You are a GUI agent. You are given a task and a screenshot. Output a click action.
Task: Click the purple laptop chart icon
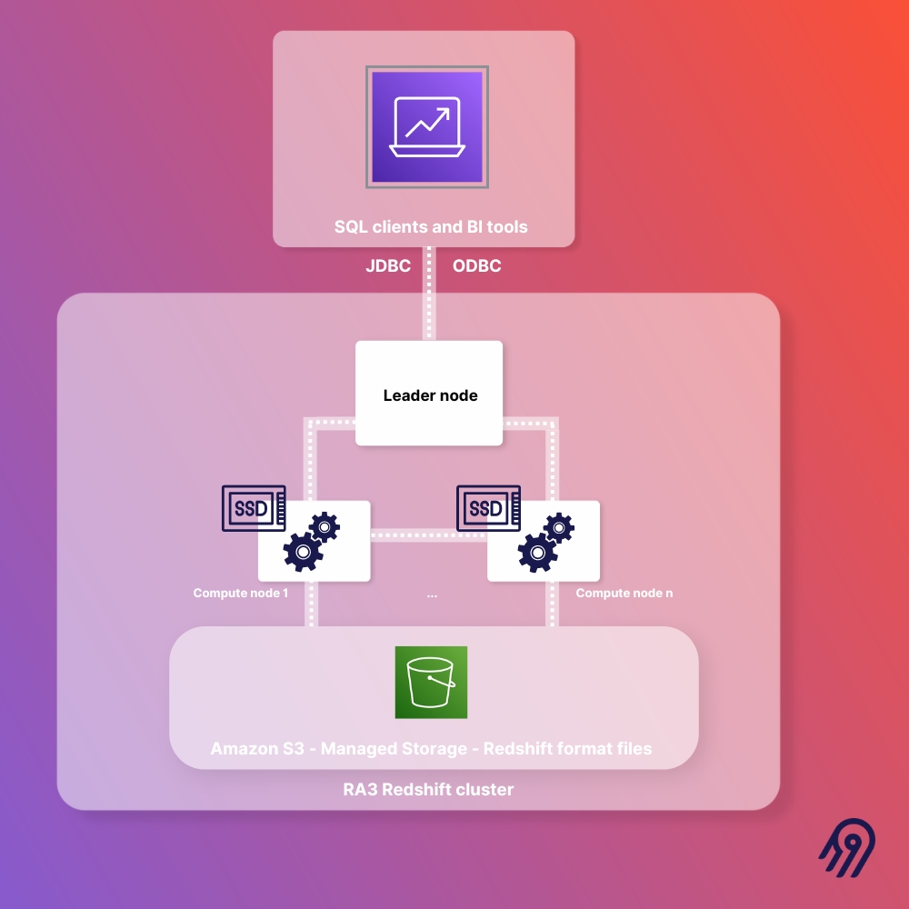pyautogui.click(x=427, y=127)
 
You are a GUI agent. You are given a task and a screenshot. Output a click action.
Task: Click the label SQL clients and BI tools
pyautogui.click(x=431, y=226)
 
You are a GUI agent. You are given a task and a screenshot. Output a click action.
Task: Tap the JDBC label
pyautogui.click(x=388, y=266)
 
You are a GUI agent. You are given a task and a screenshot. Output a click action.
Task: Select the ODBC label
pyautogui.click(x=477, y=266)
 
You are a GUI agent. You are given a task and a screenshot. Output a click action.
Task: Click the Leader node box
pyautogui.click(x=429, y=395)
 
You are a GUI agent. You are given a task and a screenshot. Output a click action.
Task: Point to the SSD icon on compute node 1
pyautogui.click(x=254, y=508)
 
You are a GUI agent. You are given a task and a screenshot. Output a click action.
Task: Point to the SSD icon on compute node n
pyautogui.click(x=487, y=508)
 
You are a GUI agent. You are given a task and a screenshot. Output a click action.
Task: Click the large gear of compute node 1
pyautogui.click(x=303, y=551)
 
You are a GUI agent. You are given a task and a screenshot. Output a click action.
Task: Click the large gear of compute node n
pyautogui.click(x=537, y=551)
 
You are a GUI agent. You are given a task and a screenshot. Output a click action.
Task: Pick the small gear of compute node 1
pyautogui.click(x=325, y=526)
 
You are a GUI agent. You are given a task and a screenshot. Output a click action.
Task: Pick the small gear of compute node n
pyautogui.click(x=559, y=526)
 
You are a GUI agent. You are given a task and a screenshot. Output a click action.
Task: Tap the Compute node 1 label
pyautogui.click(x=240, y=594)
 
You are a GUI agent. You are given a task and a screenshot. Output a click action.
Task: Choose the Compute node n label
pyautogui.click(x=624, y=594)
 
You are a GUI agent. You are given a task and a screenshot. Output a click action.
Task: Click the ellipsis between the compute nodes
pyautogui.click(x=431, y=594)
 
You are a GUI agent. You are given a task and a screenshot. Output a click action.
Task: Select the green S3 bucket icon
pyautogui.click(x=431, y=683)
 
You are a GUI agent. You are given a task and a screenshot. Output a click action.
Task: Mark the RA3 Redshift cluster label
pyautogui.click(x=428, y=790)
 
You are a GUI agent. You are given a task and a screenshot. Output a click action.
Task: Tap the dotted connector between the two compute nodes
pyautogui.click(x=428, y=535)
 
